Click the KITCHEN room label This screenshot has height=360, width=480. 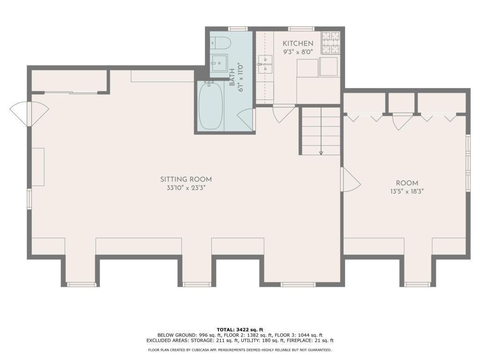tap(298, 44)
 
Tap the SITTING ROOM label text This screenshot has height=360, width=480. tap(186, 179)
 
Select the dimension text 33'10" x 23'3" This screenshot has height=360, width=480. tap(186, 188)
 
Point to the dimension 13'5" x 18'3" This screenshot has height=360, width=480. tap(406, 191)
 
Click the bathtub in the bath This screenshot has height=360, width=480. tap(210, 105)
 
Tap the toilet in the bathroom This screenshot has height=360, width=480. tap(220, 44)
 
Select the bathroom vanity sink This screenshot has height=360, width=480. tap(218, 63)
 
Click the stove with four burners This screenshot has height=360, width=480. tap(330, 42)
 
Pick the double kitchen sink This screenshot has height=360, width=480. tap(265, 65)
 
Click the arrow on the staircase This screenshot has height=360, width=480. tap(321, 152)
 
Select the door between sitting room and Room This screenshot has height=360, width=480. tap(351, 180)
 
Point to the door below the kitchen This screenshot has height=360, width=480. tap(283, 114)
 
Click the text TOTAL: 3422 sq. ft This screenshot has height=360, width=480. tap(240, 330)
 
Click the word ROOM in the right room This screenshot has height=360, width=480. tap(406, 183)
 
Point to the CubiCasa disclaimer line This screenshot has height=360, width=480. tap(240, 350)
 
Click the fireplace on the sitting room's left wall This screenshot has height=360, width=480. tap(38, 167)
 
